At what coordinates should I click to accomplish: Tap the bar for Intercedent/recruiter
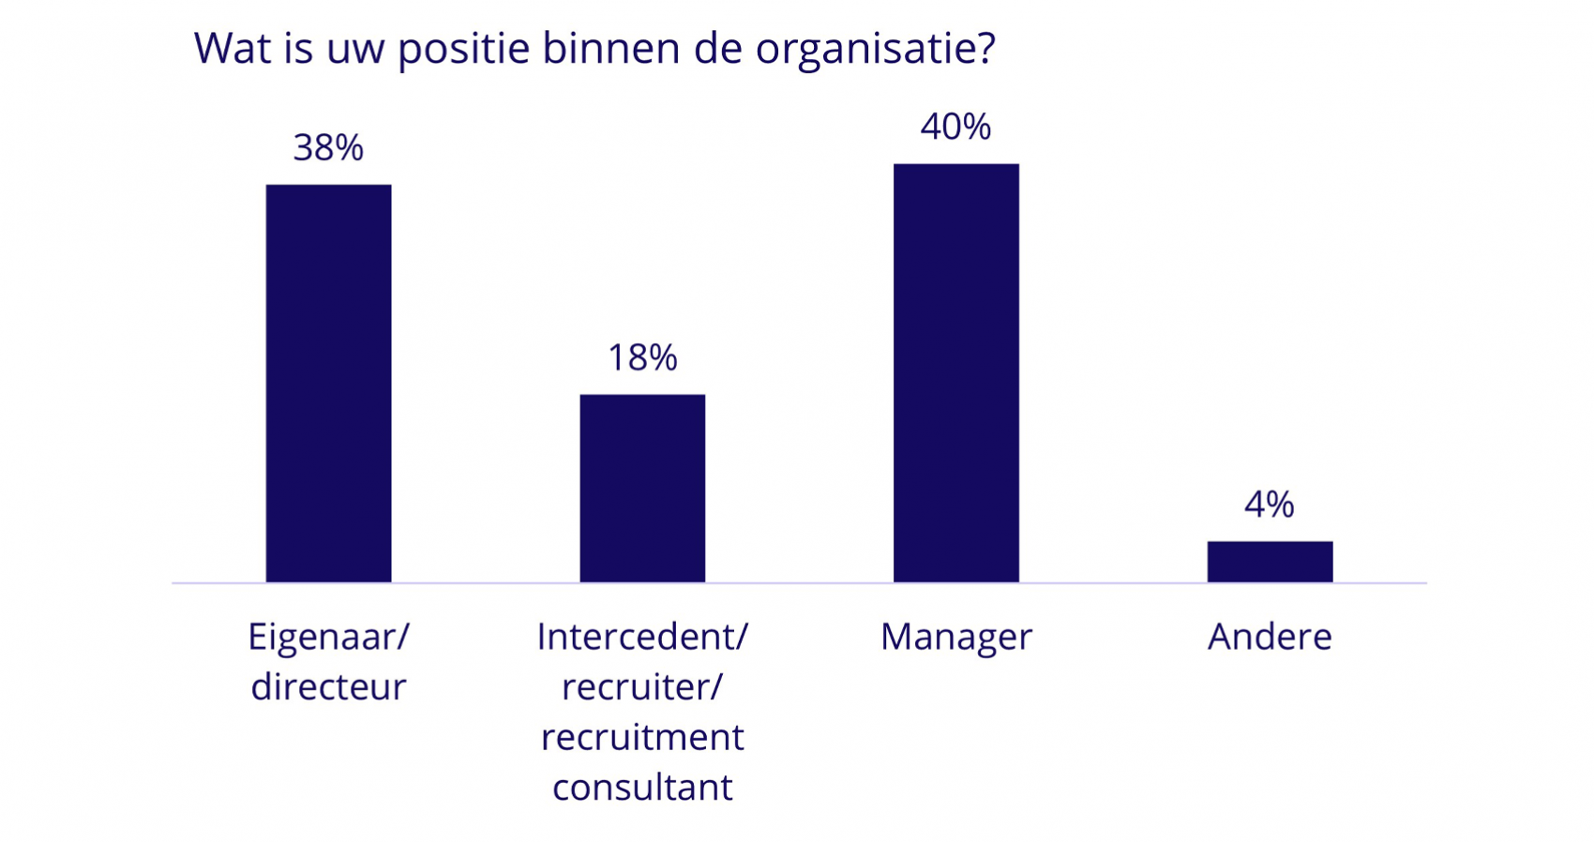tap(642, 488)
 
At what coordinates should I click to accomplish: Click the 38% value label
tap(328, 148)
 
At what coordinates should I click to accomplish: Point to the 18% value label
tap(642, 358)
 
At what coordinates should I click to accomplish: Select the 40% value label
tap(955, 128)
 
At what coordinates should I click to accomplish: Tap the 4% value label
tap(1270, 505)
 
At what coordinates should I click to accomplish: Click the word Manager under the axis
tap(955, 638)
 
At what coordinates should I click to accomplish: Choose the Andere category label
tap(1270, 638)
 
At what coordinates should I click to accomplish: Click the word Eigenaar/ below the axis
tap(328, 638)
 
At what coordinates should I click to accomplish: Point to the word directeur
tap(328, 687)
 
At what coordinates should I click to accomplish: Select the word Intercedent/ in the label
tap(642, 638)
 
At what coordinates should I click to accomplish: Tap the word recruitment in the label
tap(642, 738)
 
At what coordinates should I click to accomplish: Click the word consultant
tap(642, 788)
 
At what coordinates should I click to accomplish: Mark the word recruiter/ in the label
tap(642, 687)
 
